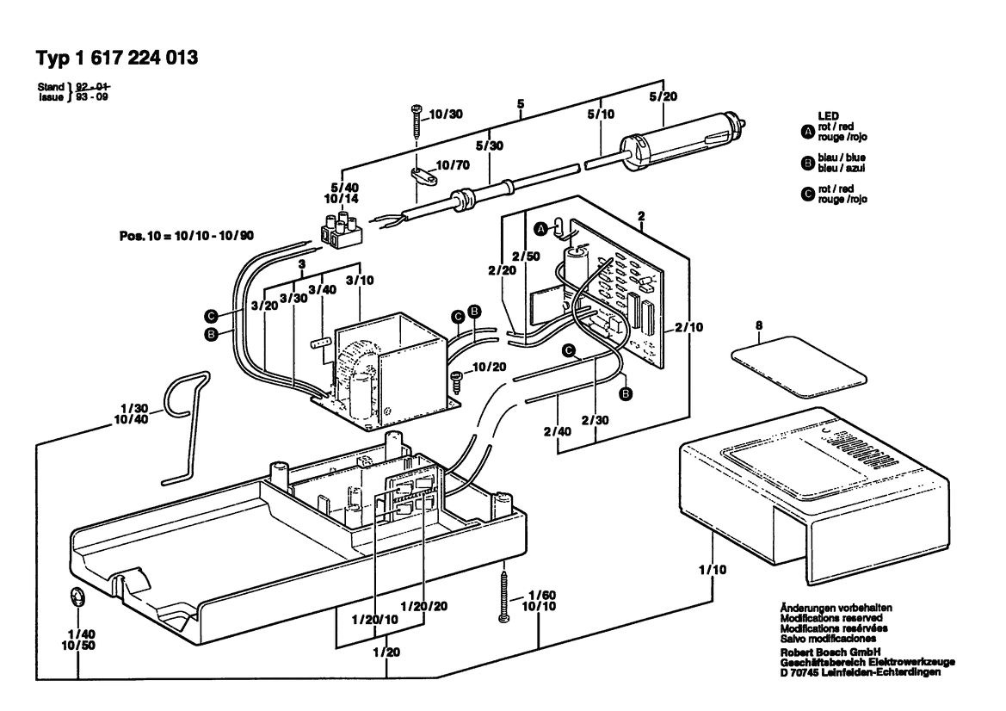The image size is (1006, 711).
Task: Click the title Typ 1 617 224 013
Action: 117,58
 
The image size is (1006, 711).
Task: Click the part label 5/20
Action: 663,96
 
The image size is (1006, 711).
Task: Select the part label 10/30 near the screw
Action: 445,114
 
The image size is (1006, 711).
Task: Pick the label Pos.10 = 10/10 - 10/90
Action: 186,236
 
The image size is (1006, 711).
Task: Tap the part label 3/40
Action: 322,289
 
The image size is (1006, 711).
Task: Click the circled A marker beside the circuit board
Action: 540,228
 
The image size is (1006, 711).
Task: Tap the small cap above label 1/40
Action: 77,597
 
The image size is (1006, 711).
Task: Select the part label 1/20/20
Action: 424,606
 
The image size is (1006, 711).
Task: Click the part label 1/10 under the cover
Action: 713,569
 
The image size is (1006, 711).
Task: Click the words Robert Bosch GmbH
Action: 830,652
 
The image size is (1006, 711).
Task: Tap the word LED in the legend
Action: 828,116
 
